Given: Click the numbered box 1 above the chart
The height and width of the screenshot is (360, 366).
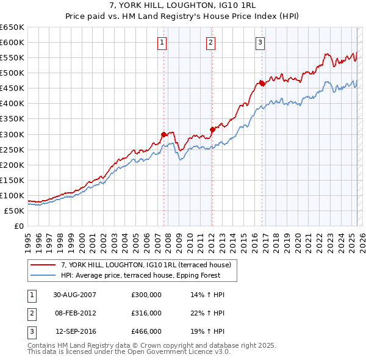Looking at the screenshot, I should [x=162, y=42].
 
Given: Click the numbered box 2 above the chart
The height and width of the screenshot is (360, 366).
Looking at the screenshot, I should [x=210, y=42].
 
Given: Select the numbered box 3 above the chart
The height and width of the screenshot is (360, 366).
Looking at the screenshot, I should [x=260, y=42].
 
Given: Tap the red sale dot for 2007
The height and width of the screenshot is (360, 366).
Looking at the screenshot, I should [x=163, y=134].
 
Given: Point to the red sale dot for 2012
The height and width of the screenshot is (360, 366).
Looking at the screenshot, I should [x=212, y=129].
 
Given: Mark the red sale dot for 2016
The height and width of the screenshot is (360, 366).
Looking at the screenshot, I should [x=262, y=83].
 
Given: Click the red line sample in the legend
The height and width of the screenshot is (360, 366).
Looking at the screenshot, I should [x=43, y=265].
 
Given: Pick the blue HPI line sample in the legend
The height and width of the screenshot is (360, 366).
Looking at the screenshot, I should [x=43, y=276].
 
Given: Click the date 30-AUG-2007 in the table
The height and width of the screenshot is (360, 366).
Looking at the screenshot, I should [x=74, y=295].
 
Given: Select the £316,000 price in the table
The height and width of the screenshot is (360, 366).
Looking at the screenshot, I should [x=146, y=313].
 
